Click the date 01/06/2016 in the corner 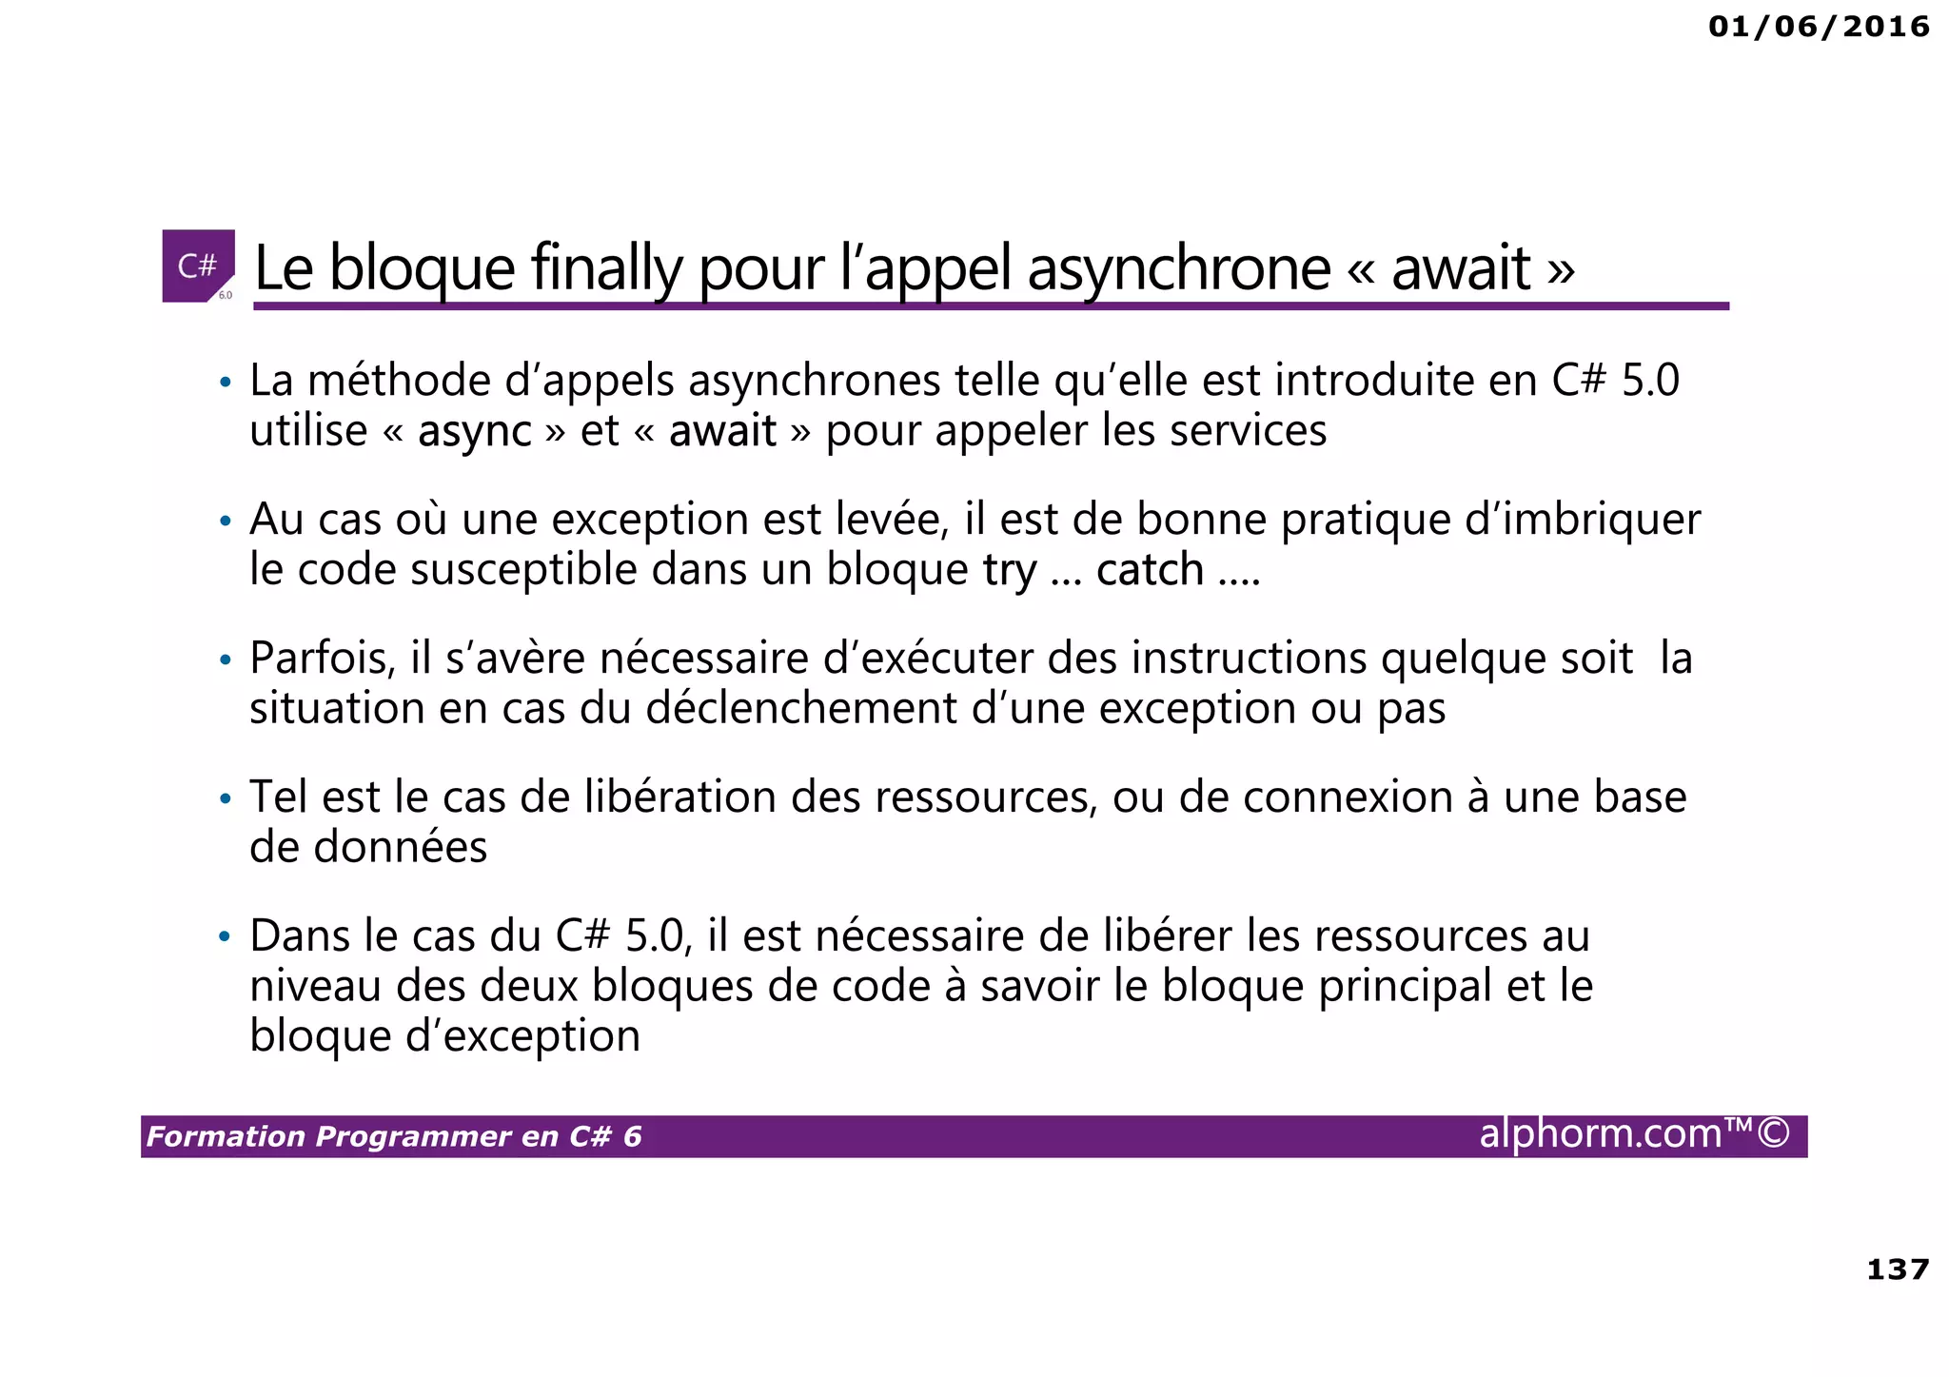pyautogui.click(x=1819, y=27)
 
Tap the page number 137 pyautogui.click(x=1898, y=1269)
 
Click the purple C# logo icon pyautogui.click(x=198, y=266)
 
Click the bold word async pyautogui.click(x=474, y=431)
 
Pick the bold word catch pyautogui.click(x=1150, y=570)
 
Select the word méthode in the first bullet pyautogui.click(x=400, y=381)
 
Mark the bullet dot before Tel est pyautogui.click(x=226, y=798)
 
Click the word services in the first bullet pyautogui.click(x=1248, y=431)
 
